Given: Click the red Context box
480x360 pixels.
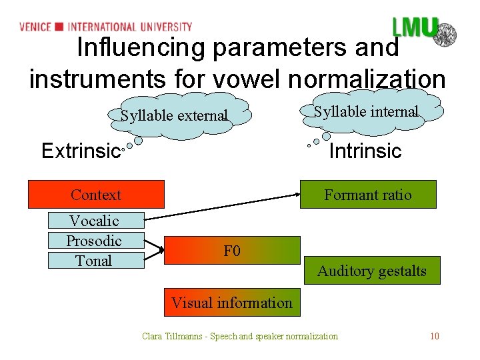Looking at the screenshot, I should click(96, 195).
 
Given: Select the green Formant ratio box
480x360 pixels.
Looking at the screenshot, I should click(367, 195).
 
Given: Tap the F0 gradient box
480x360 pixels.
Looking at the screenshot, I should click(232, 251).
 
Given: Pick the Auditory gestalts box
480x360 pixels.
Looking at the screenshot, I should click(371, 271).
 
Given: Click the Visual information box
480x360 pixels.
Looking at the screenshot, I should click(232, 303).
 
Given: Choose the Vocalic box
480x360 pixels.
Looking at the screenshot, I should click(94, 221).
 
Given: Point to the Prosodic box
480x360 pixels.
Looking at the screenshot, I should click(94, 241).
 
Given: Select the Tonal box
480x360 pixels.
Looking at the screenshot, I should click(94, 261).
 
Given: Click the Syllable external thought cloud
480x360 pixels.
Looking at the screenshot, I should click(174, 115).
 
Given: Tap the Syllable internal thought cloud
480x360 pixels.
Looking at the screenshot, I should click(366, 111).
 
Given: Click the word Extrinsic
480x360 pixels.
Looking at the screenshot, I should click(79, 151).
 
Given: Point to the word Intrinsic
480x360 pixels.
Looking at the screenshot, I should click(365, 151).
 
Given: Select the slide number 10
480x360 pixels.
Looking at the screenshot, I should click(434, 336).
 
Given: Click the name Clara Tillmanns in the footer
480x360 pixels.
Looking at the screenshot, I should click(172, 336).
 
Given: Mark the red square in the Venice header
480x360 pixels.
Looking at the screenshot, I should click(59, 27).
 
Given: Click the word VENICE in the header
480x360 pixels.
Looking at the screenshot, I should click(35, 27).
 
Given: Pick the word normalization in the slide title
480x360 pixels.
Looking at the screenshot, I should click(367, 79).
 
